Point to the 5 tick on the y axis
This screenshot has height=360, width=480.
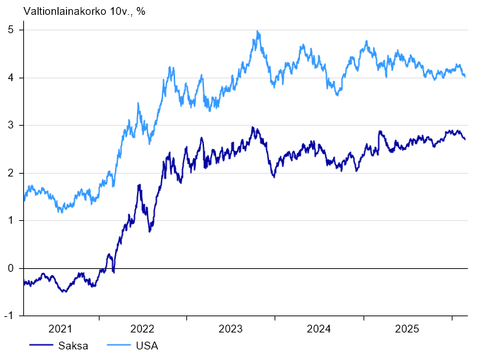tap(11, 30)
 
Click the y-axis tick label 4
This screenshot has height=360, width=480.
tap(11, 78)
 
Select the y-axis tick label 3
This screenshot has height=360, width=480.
tap(11, 125)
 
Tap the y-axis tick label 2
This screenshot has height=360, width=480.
tap(11, 173)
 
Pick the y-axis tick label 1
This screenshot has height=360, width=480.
tap(11, 220)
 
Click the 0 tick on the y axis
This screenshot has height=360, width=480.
tap(11, 268)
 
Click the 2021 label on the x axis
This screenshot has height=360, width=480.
tap(61, 328)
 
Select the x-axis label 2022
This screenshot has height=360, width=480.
tap(143, 328)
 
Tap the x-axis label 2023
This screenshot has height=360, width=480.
tap(231, 328)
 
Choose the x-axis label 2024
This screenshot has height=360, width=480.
tap(319, 328)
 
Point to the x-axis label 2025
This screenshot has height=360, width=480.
tap(407, 328)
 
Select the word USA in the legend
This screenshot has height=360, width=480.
tap(147, 346)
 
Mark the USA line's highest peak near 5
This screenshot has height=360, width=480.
tap(258, 32)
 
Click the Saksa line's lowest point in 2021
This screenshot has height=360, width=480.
tap(64, 291)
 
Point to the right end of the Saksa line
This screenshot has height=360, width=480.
tap(464, 139)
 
